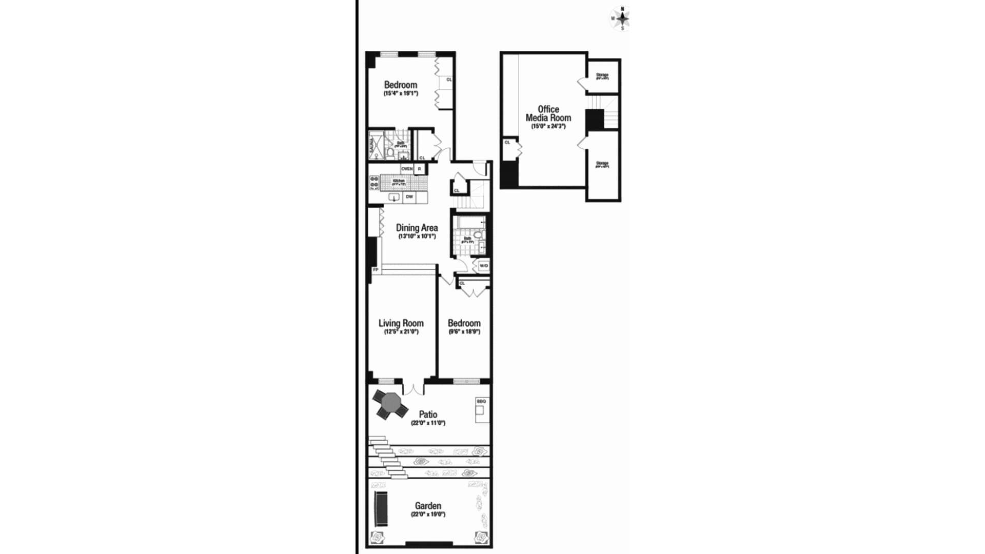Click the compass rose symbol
[x=622, y=18]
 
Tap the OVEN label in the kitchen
[x=407, y=169]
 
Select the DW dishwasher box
[x=409, y=197]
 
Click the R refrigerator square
[x=420, y=169]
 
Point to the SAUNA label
[x=372, y=145]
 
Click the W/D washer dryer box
[x=483, y=266]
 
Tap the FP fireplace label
[x=375, y=270]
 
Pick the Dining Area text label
[x=417, y=228]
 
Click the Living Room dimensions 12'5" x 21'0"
[x=401, y=332]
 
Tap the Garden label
[x=428, y=506]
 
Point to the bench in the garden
[x=380, y=508]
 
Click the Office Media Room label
[x=548, y=113]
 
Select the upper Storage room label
[x=602, y=75]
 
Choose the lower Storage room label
[x=602, y=164]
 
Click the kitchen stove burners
[x=373, y=183]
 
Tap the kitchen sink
[x=394, y=197]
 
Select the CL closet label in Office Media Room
[x=507, y=143]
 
